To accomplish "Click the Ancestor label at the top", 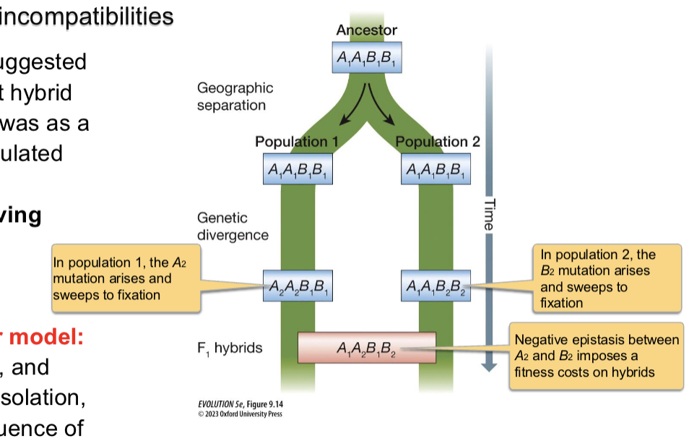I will (366, 30).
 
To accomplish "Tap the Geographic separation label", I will (235, 97).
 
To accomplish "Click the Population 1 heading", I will (296, 142).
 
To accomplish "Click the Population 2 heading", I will (438, 142).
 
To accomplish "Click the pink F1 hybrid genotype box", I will (367, 348).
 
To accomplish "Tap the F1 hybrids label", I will (229, 348).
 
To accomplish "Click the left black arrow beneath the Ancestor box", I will (355, 108).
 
